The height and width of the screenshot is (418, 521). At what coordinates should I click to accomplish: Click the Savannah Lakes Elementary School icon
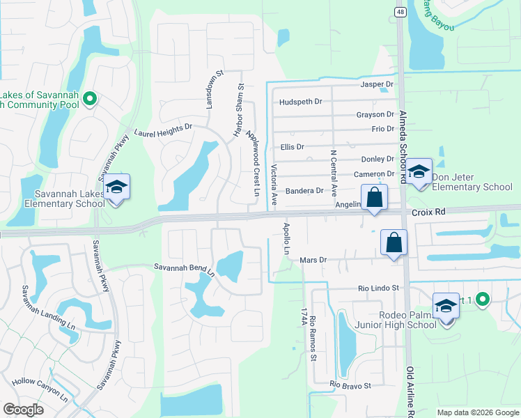point(117,188)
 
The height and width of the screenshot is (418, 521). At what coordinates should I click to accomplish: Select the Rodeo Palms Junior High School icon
point(446,307)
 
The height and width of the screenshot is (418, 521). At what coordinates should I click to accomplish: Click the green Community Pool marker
point(89,100)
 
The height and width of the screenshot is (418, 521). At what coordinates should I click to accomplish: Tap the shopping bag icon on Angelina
point(374,197)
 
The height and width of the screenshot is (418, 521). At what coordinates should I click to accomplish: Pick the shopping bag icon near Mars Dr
point(394,243)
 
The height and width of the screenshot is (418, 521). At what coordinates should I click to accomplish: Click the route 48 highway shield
point(399,12)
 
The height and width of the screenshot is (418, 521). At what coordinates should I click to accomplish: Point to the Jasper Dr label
point(377,84)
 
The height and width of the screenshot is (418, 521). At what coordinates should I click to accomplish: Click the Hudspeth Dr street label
point(300,102)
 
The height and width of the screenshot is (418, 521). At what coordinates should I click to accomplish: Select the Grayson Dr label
point(375,114)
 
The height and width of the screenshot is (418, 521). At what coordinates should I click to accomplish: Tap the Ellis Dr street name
point(292,147)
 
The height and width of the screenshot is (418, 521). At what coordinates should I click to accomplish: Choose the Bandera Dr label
point(305,190)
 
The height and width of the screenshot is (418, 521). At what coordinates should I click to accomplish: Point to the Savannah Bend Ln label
point(184,268)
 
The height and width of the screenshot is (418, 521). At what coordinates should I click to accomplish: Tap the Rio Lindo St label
point(378,288)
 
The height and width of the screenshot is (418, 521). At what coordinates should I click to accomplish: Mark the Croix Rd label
point(428,210)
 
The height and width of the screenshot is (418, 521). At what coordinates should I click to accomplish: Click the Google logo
point(23,410)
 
